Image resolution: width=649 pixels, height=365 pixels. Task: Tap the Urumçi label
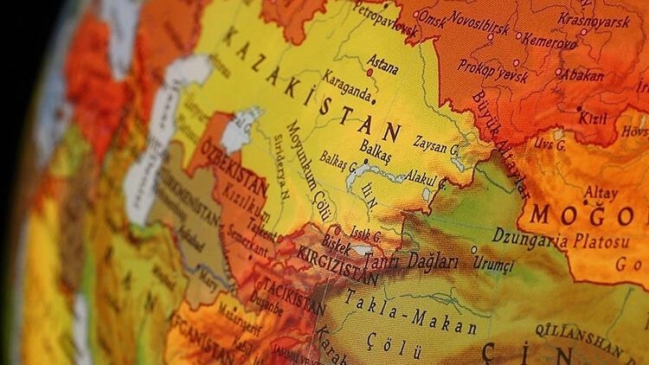[x=492, y=261]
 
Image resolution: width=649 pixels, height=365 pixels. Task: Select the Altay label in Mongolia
[x=601, y=194]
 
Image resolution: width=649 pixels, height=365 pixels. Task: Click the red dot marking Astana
[x=369, y=73]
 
